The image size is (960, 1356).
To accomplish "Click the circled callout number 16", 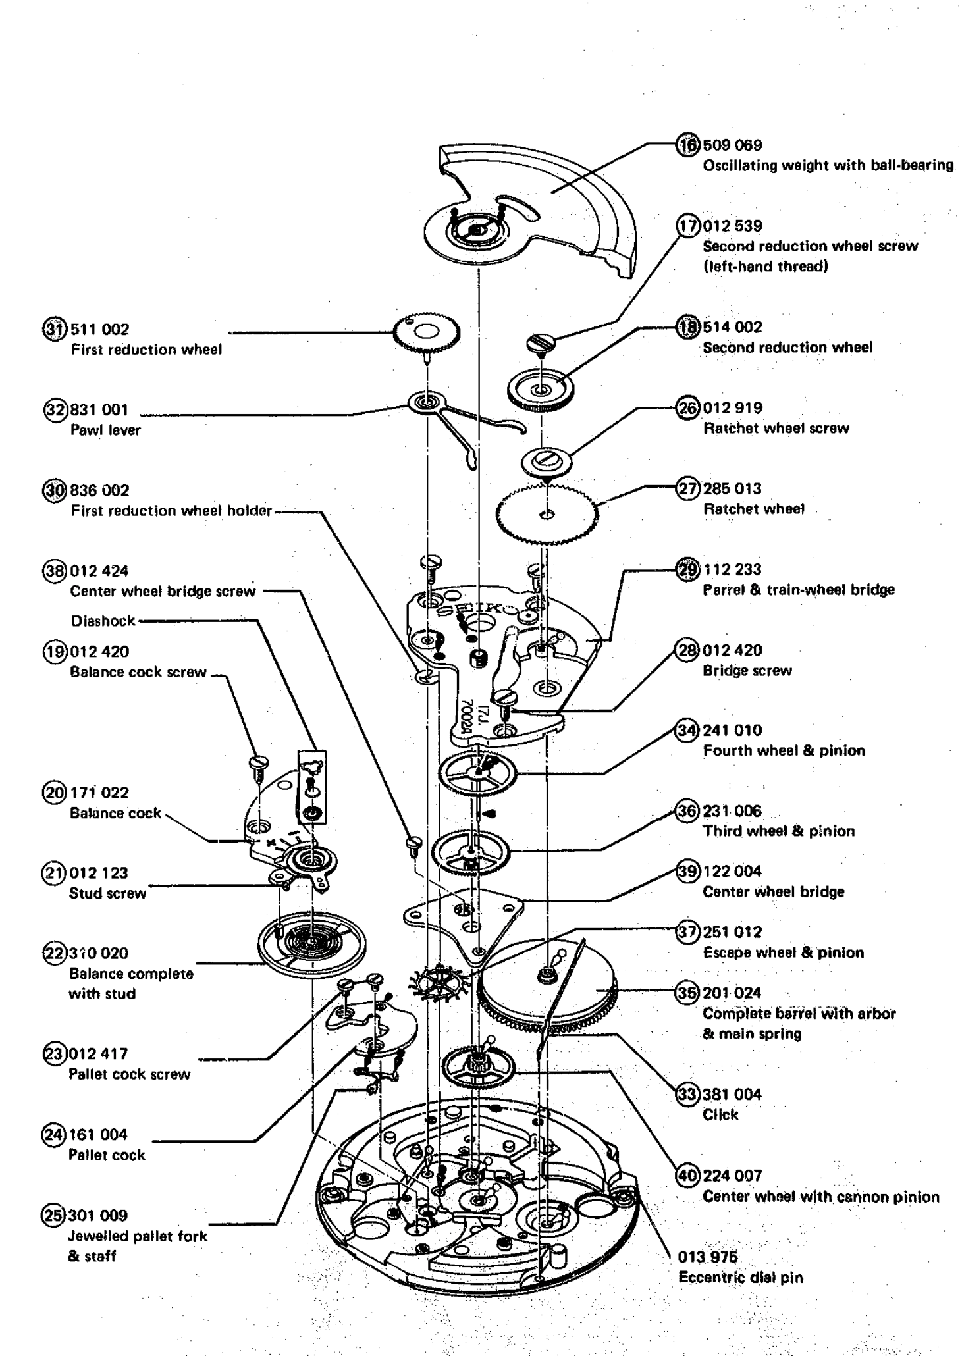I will point(688,145).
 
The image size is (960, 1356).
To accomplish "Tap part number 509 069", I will point(732,145).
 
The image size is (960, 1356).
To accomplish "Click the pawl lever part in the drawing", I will point(461,421).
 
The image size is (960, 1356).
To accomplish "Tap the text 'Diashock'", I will point(103,621).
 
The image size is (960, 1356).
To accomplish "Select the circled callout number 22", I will point(54,953).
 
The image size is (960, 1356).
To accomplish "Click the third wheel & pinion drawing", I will point(471,853).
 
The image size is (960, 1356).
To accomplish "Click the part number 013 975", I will point(708,1257).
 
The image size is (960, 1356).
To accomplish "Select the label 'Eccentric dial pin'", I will point(741,1278).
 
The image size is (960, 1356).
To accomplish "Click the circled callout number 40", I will point(688,1176).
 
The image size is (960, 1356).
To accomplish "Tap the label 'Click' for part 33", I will point(720,1115).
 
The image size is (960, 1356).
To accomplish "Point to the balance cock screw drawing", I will point(259,765).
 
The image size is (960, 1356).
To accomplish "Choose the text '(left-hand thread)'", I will point(765,267).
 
